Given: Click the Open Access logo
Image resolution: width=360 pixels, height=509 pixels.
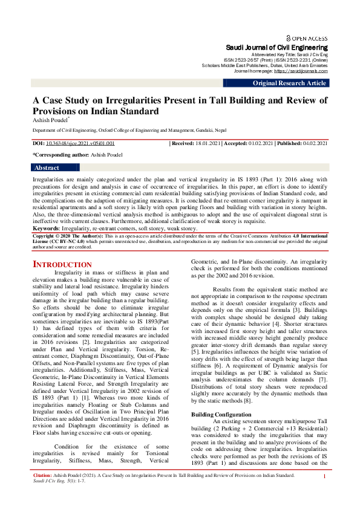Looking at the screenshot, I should click(309, 37).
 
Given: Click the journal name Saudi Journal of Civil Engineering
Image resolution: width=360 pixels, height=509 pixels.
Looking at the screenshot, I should click(277, 47).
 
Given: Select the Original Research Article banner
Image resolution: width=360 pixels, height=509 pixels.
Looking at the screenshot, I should click(289, 83).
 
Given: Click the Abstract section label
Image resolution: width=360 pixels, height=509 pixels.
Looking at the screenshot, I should click(47, 167).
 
